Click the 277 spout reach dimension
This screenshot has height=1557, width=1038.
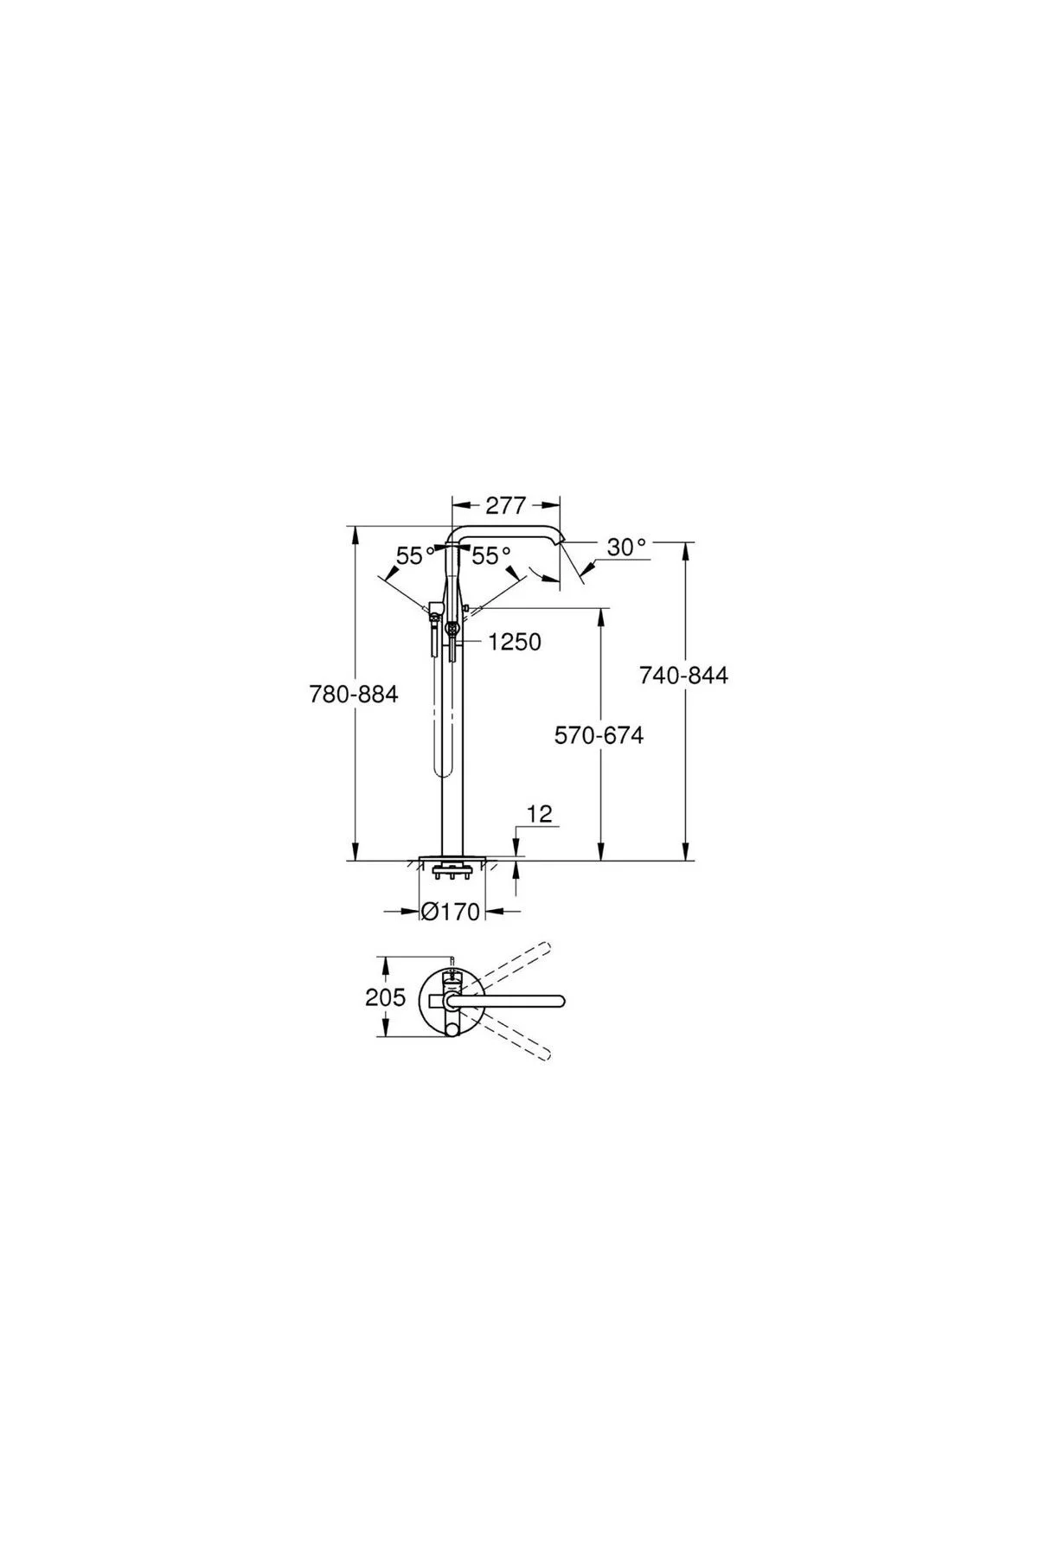[506, 505]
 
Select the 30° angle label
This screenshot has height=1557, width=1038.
[627, 548]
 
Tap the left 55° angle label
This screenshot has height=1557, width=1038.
[416, 556]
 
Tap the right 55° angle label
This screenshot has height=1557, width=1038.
[491, 556]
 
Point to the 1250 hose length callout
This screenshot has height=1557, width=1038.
[515, 642]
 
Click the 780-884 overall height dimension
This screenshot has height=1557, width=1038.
[354, 694]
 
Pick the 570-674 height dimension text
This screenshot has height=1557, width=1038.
[599, 735]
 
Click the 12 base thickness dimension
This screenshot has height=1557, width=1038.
[539, 814]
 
